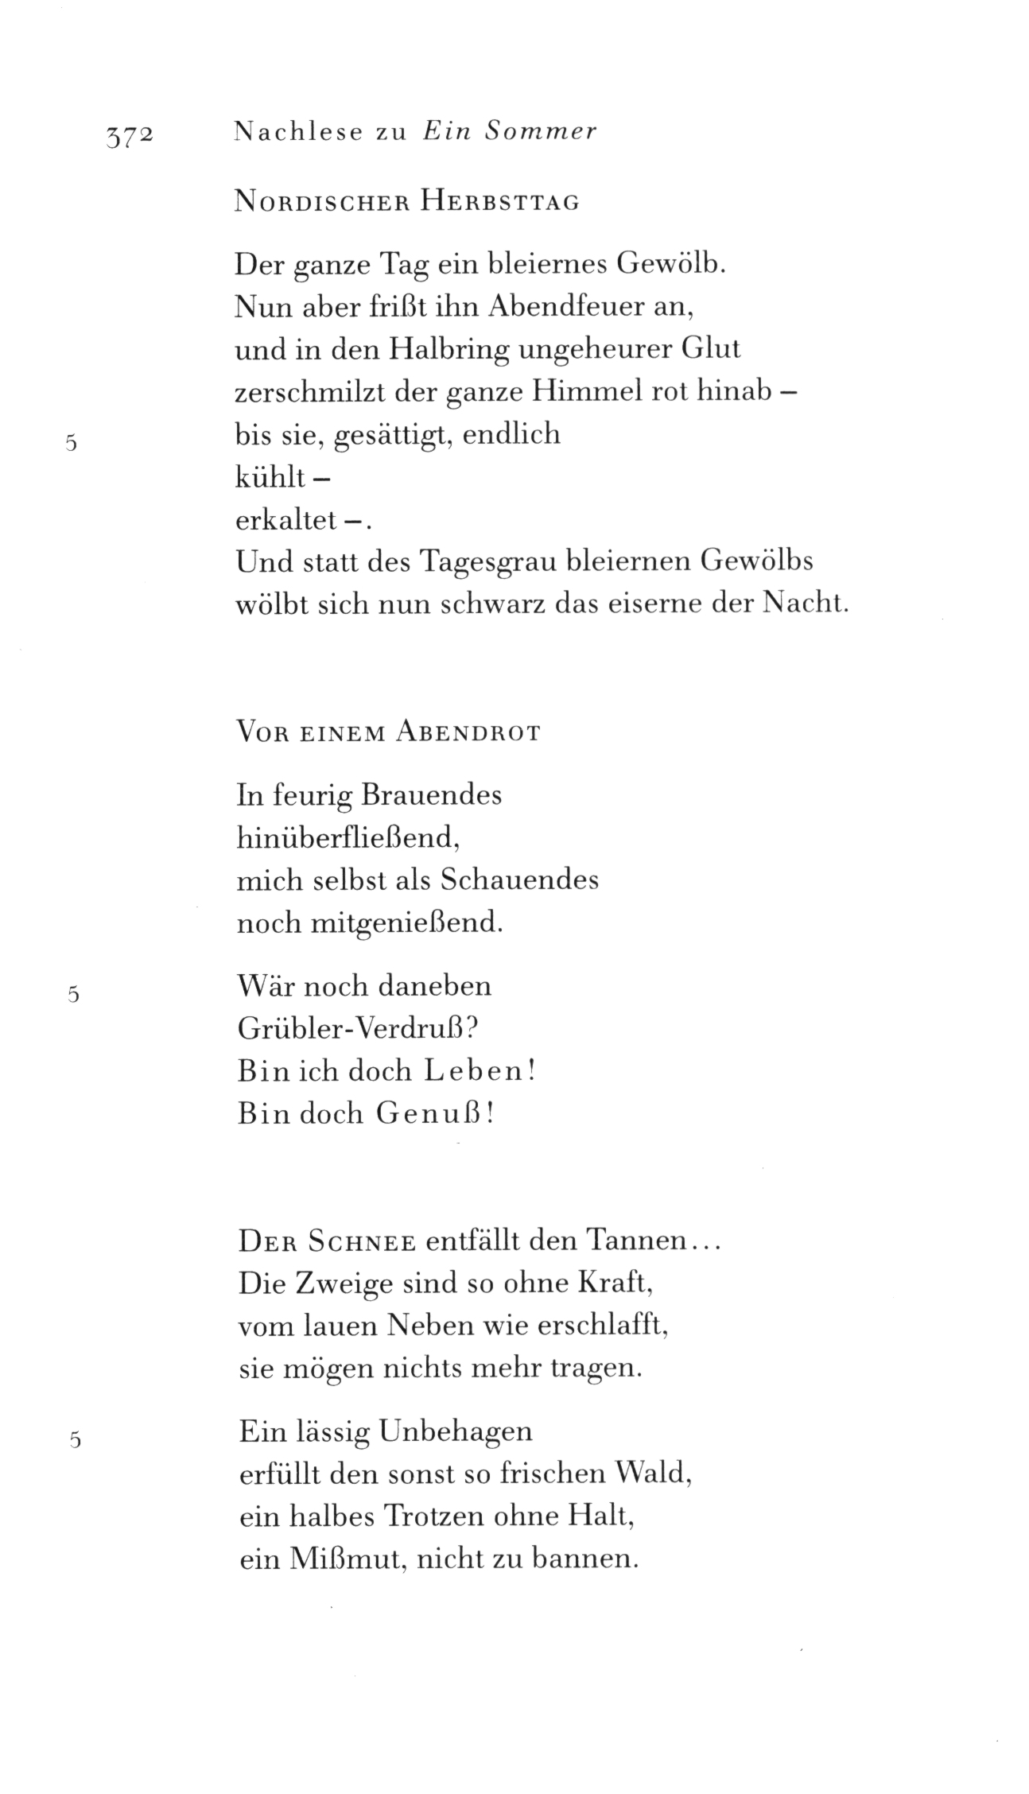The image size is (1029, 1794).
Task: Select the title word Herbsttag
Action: [499, 203]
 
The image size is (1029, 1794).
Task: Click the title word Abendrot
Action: [467, 733]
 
